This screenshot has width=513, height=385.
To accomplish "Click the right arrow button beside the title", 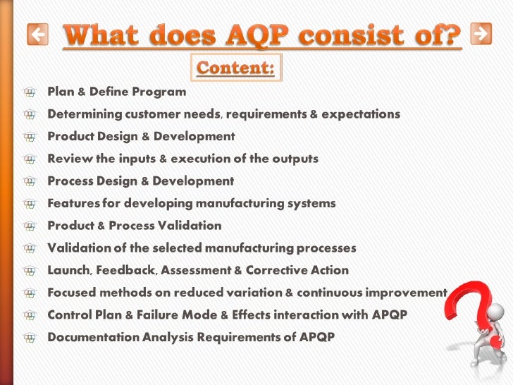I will [481, 33].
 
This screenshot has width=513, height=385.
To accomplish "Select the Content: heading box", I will [236, 68].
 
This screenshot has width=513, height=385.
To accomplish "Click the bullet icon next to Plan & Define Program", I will [29, 92].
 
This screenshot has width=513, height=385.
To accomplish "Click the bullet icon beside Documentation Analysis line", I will [29, 337].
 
